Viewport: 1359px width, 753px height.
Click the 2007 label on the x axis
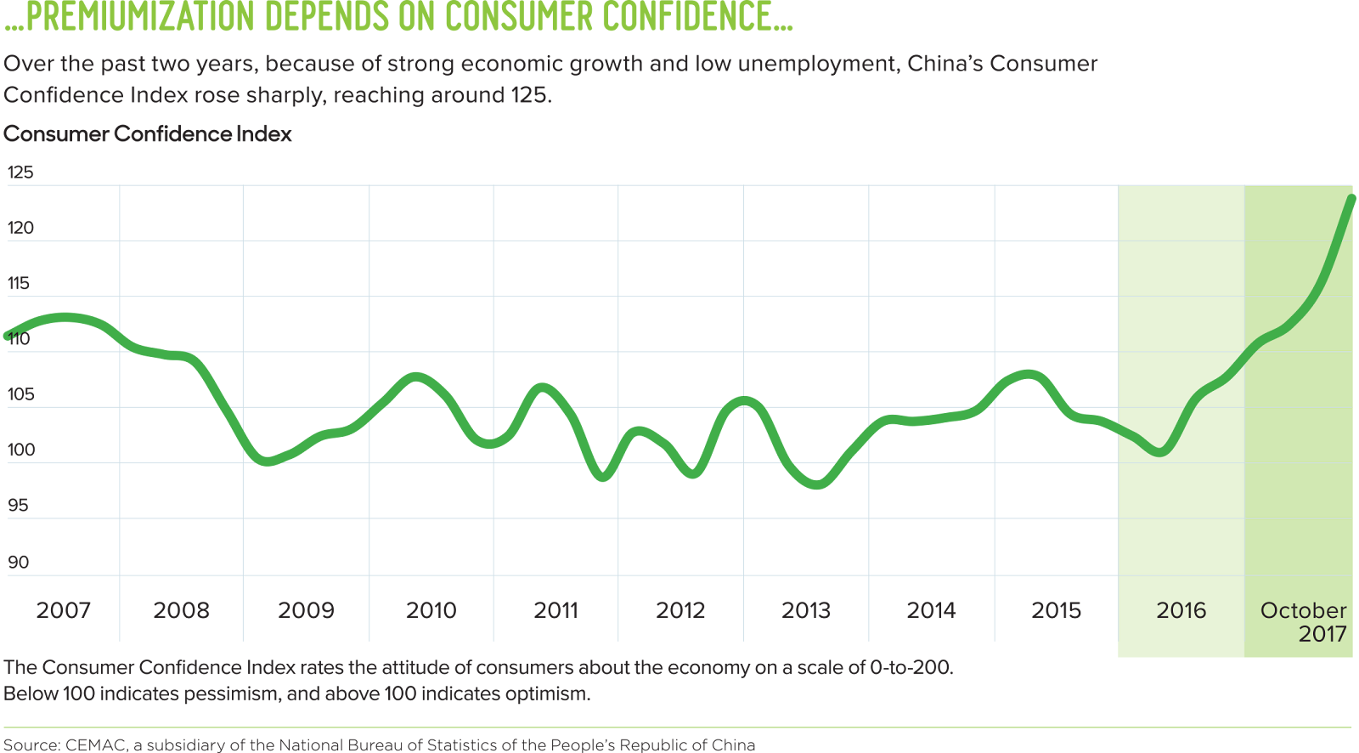63,610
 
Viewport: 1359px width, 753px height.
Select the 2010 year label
431,610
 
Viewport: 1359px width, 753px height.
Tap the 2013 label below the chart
806,610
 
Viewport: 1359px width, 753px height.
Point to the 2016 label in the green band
1181,610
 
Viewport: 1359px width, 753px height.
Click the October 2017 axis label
1304,621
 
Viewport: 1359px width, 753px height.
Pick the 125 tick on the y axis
20,172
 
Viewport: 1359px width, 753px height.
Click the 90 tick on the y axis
19,562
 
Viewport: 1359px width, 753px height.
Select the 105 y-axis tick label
21,394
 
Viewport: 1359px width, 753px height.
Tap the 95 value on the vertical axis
19,506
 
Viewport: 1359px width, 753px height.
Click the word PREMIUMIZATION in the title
140,17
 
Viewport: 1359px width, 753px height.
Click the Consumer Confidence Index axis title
148,134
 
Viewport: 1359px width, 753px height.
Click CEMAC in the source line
95,745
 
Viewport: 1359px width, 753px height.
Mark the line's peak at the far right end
1352,198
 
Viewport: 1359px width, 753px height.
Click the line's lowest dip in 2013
818,484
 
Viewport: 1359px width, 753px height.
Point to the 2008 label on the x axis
181,610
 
